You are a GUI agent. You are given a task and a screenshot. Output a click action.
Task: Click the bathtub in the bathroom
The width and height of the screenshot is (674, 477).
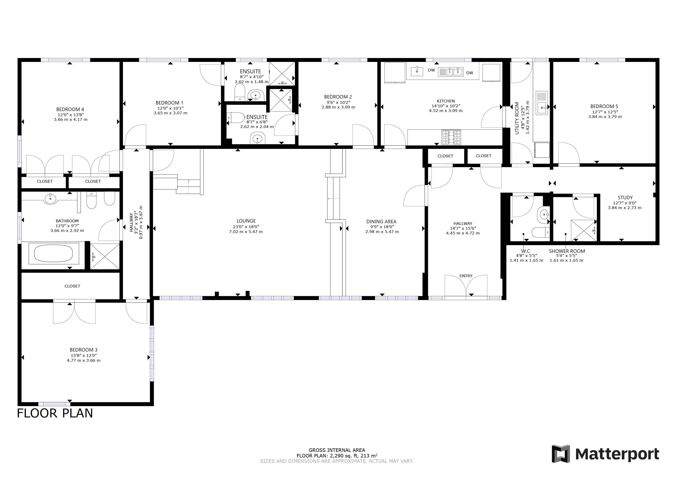pyautogui.click(x=54, y=254)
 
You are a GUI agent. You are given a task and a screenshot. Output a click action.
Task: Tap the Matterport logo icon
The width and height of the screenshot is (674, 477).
pyautogui.click(x=560, y=454)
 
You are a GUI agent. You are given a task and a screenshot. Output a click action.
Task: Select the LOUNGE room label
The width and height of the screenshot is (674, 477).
pyautogui.click(x=246, y=221)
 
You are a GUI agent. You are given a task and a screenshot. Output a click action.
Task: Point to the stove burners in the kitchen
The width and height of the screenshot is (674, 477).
pyautogui.click(x=451, y=137)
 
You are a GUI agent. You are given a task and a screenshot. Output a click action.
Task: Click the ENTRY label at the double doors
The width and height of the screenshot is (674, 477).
pyautogui.click(x=466, y=276)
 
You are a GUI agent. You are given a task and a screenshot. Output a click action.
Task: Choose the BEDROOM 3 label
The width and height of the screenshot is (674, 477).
pyautogui.click(x=83, y=350)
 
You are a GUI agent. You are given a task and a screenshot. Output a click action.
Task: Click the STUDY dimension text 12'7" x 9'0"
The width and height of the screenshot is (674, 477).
pyautogui.click(x=625, y=203)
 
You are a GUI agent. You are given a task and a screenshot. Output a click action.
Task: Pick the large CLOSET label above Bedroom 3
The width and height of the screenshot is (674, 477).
pyautogui.click(x=72, y=286)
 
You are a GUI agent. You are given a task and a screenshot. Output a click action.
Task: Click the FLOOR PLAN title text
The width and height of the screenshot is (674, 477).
pyautogui.click(x=55, y=413)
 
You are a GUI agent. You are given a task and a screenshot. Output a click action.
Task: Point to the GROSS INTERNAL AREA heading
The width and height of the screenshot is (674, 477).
pyautogui.click(x=337, y=450)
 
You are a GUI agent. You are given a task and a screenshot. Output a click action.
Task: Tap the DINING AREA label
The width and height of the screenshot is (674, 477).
pyautogui.click(x=381, y=221)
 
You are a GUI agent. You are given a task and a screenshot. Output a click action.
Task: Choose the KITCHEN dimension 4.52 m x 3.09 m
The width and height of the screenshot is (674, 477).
pyautogui.click(x=446, y=111)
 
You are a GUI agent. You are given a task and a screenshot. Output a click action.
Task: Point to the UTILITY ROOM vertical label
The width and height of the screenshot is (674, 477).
pyautogui.click(x=517, y=118)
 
